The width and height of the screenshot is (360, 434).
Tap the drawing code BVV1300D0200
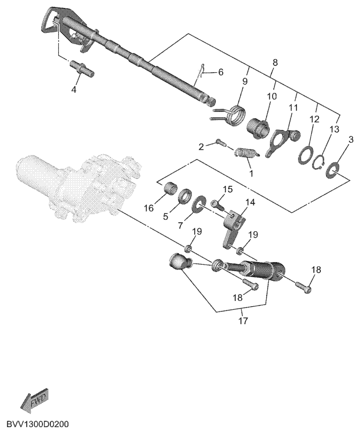point(37,425)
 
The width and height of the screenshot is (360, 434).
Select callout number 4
point(74,89)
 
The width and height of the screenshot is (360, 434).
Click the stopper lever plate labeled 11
point(280,142)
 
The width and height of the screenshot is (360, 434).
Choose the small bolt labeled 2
point(221,142)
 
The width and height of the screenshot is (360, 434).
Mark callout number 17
point(243,321)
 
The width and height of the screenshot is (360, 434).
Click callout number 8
point(274,62)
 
